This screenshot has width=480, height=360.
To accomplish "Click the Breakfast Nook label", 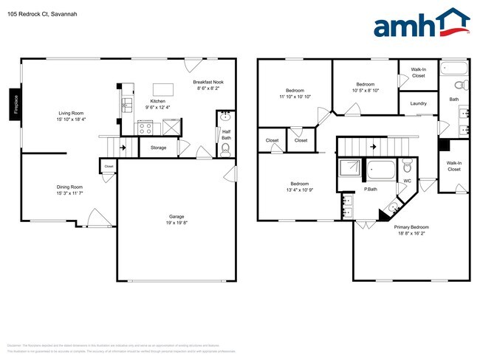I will (x=207, y=82).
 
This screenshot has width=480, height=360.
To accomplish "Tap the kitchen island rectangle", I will (x=164, y=89).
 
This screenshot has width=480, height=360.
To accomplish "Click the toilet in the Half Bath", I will (x=226, y=149).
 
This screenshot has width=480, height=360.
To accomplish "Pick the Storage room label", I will (x=158, y=148).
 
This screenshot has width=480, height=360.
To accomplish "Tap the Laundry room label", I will (x=418, y=103).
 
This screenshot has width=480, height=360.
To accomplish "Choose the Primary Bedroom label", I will (x=411, y=227).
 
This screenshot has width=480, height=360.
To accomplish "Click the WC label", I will (x=407, y=180).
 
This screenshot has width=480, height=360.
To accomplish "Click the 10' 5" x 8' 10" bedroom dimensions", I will (x=366, y=91).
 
